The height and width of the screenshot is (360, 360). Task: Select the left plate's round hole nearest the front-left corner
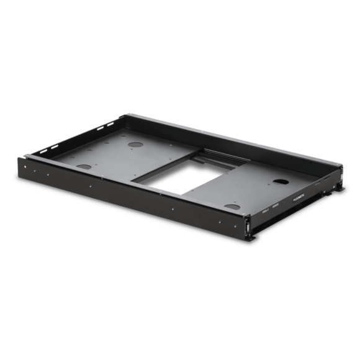pos(81,167)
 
